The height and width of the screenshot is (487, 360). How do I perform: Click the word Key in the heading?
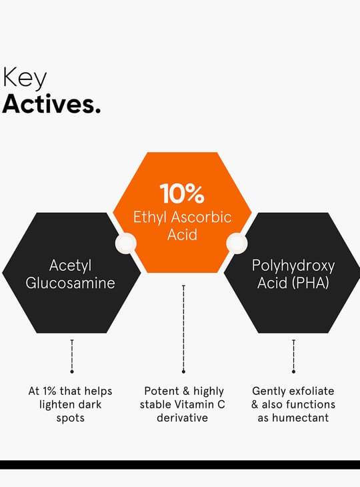click(25, 77)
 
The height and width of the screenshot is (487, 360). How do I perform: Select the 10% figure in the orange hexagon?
click(182, 193)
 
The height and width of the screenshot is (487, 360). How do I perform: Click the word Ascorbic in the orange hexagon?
click(201, 217)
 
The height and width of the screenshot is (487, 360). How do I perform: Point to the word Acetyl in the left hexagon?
click(71, 266)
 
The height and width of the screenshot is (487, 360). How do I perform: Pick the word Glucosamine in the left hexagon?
click(71, 283)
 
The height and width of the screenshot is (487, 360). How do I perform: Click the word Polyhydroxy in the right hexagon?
click(293, 266)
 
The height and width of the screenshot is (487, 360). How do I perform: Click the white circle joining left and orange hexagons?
click(126, 243)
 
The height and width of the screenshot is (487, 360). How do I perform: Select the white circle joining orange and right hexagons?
click(237, 243)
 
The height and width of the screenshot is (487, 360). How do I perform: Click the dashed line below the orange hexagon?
click(183, 329)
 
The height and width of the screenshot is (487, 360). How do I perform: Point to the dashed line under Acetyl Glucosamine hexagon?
click(72, 356)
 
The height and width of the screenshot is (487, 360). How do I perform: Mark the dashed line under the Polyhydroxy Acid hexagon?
click(293, 356)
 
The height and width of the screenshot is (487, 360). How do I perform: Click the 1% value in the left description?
click(49, 391)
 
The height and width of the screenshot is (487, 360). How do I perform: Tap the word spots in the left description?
click(71, 418)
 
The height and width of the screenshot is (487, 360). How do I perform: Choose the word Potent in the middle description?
click(162, 391)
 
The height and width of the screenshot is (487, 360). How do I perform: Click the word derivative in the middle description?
click(183, 418)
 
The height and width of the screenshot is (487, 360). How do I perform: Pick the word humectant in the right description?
click(301, 418)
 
